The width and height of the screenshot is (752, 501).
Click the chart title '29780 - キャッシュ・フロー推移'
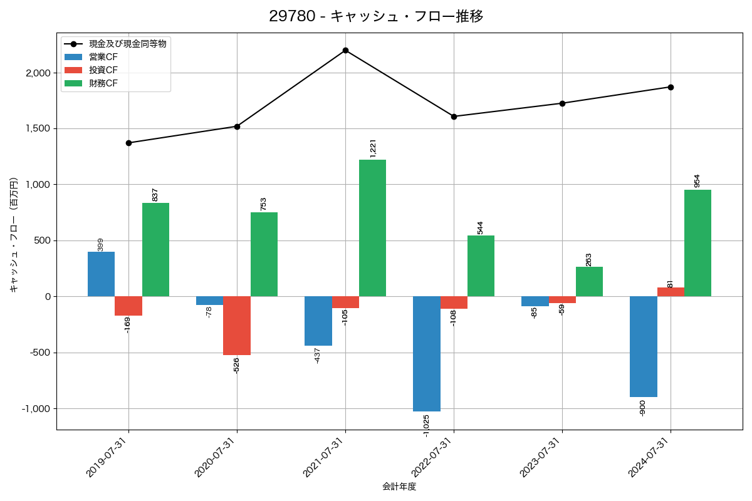[376, 16]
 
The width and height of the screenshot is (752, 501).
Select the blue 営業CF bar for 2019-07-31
[101, 274]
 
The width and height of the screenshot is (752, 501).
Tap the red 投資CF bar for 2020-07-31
[237, 326]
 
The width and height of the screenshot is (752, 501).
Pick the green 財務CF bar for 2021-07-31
[372, 228]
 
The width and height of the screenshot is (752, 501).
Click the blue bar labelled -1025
[426, 354]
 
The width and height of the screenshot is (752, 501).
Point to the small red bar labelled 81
[671, 292]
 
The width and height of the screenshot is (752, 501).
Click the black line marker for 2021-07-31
[345, 50]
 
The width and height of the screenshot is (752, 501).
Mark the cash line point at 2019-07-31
[128, 143]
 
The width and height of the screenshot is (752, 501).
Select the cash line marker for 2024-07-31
[671, 87]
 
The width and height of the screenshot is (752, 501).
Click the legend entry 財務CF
[103, 83]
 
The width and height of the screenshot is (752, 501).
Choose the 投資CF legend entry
[103, 70]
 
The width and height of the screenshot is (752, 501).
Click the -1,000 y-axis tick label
[36, 409]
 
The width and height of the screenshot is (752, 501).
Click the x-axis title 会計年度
[399, 487]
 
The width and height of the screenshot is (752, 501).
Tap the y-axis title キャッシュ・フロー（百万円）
[14, 235]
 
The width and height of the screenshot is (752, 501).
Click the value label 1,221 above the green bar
[373, 148]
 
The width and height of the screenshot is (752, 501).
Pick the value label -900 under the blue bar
[642, 408]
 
